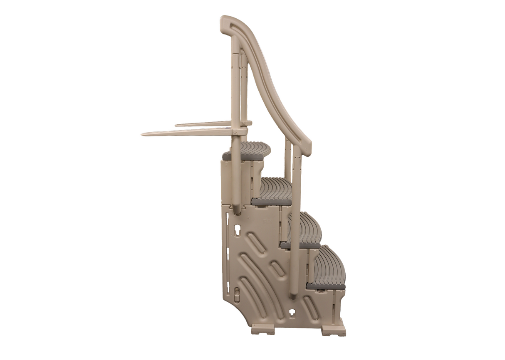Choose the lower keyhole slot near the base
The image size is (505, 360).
[292, 313]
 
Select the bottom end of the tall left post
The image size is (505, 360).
[237, 210]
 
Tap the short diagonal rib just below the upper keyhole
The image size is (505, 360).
[255, 242]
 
